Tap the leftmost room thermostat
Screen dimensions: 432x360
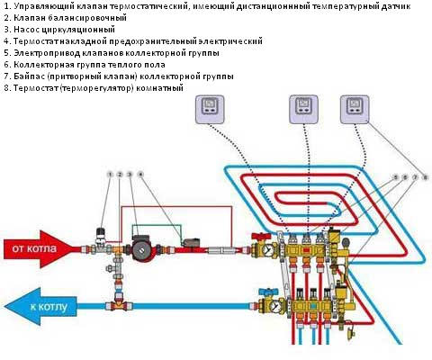210,109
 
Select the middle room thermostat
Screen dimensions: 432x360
303,109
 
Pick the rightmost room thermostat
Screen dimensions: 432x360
355,109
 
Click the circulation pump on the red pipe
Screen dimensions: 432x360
142,248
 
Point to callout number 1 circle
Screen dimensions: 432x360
111,175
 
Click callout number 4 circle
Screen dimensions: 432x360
140,175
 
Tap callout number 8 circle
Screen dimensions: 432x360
425,177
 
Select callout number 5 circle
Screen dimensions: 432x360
396,177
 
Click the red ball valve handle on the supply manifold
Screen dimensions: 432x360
261,236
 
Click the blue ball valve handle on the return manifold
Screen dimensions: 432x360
268,291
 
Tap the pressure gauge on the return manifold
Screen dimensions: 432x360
276,306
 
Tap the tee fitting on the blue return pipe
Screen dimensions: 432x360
119,305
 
